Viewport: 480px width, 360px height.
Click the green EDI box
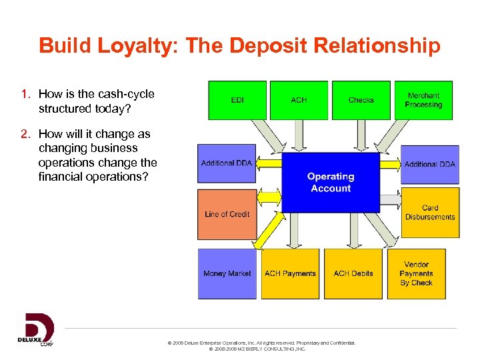click(237, 100)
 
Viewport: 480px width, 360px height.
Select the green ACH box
click(299, 100)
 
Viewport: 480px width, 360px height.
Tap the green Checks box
click(361, 100)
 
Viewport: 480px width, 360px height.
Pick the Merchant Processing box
click(423, 100)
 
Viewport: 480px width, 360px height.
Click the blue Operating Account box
click(330, 183)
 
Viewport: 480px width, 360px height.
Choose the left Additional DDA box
click(227, 163)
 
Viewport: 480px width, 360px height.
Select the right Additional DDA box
click(430, 164)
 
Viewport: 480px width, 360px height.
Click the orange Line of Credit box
click(227, 214)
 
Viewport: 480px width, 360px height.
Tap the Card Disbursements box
click(430, 213)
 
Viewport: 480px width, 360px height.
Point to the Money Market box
click(227, 273)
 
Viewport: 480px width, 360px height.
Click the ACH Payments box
click(290, 273)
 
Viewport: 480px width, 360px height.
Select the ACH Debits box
click(353, 273)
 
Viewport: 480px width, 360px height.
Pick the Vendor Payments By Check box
click(417, 273)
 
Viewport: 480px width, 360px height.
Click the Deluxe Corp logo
click(35, 329)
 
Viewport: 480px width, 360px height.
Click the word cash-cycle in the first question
click(127, 95)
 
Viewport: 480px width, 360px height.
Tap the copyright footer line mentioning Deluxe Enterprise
click(262, 343)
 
